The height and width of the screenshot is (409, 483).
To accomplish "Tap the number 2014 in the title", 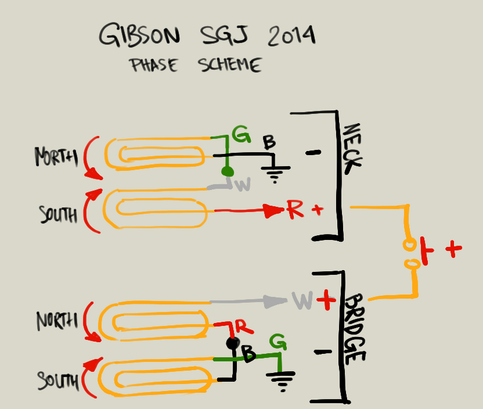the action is pos(291,36).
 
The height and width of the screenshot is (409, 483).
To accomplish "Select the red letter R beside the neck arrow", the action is pos(294,210).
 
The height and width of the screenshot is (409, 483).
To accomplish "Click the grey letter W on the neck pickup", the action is pos(243,185).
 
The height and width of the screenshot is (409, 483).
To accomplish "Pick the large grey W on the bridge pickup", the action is pos(303,301).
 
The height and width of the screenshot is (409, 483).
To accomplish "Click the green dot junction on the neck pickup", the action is pos(228,172).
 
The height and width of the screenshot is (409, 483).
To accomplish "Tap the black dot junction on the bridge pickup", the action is pos(232,343).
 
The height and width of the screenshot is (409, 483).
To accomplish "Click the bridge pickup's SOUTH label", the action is pos(58,381).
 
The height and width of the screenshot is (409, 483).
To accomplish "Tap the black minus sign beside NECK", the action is pos(313,153).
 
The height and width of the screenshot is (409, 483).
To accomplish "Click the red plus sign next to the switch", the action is pos(453,249).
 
